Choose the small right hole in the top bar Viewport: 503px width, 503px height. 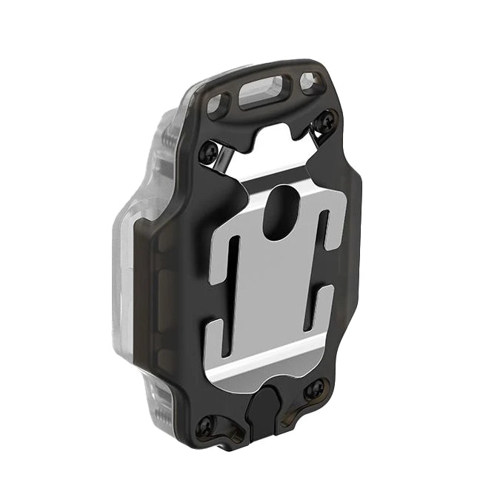coord(310,84)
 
